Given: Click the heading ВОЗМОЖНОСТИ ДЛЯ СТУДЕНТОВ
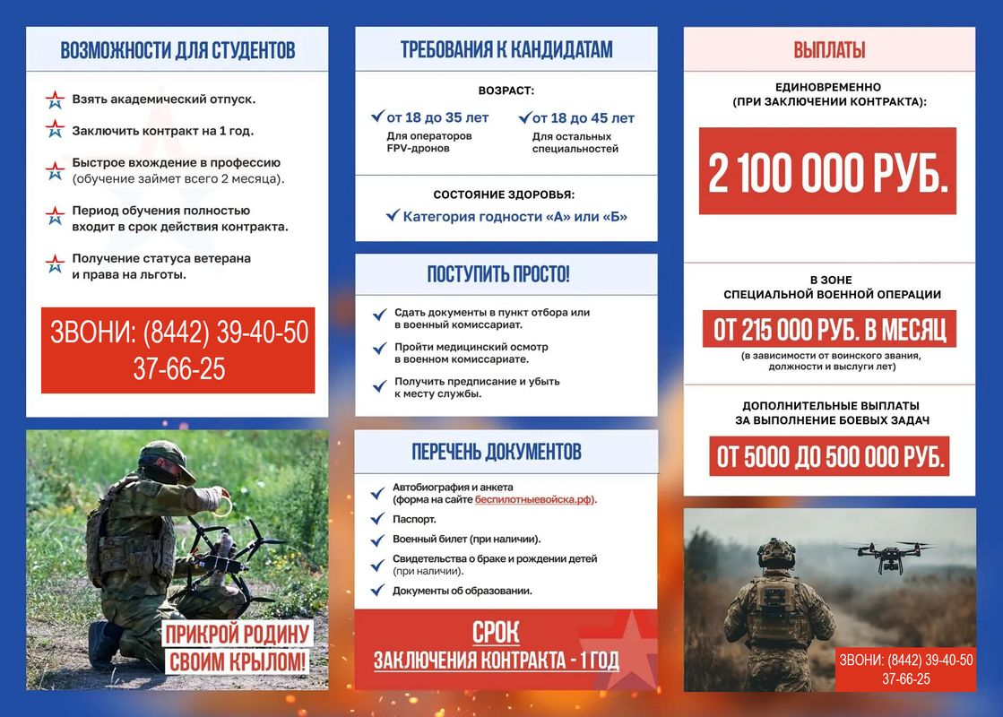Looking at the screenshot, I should [177, 50].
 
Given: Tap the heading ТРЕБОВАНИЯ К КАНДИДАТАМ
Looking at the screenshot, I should [506, 50].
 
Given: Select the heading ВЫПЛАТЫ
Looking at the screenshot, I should [829, 50].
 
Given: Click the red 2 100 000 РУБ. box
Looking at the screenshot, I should [827, 171].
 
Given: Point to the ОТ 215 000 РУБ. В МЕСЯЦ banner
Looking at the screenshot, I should [829, 330].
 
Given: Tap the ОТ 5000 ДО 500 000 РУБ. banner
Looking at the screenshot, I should [829, 457].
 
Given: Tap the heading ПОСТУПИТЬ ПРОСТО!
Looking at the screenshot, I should [498, 274].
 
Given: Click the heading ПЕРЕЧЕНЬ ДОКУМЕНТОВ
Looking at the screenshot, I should [497, 451].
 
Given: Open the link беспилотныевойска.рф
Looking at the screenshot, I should [535, 499].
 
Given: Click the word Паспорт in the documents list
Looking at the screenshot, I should [414, 519].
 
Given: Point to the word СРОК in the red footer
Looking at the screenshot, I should [496, 633].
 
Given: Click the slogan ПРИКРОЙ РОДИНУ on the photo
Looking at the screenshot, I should [237, 635].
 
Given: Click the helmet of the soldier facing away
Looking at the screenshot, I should [775, 553].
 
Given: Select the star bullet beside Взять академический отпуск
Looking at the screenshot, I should [56, 99].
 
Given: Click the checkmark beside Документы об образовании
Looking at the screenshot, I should [377, 591].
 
